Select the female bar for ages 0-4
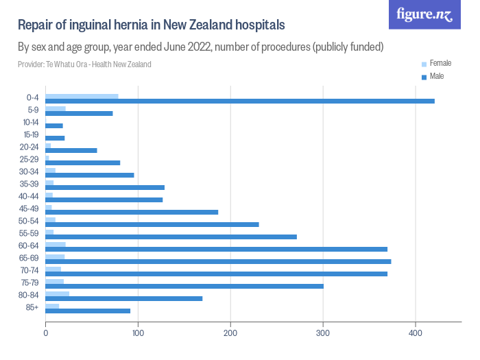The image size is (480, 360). click(82, 96)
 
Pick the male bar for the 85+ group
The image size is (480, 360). click(88, 311)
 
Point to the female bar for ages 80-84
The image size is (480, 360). click(57, 294)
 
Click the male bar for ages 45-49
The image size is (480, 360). click(132, 212)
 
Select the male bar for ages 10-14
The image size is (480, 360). click(54, 125)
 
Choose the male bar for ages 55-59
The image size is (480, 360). click(171, 237)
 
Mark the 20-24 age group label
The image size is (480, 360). click(30, 147)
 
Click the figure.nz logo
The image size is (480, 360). click(424, 14)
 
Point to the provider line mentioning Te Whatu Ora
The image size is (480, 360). click(84, 64)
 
